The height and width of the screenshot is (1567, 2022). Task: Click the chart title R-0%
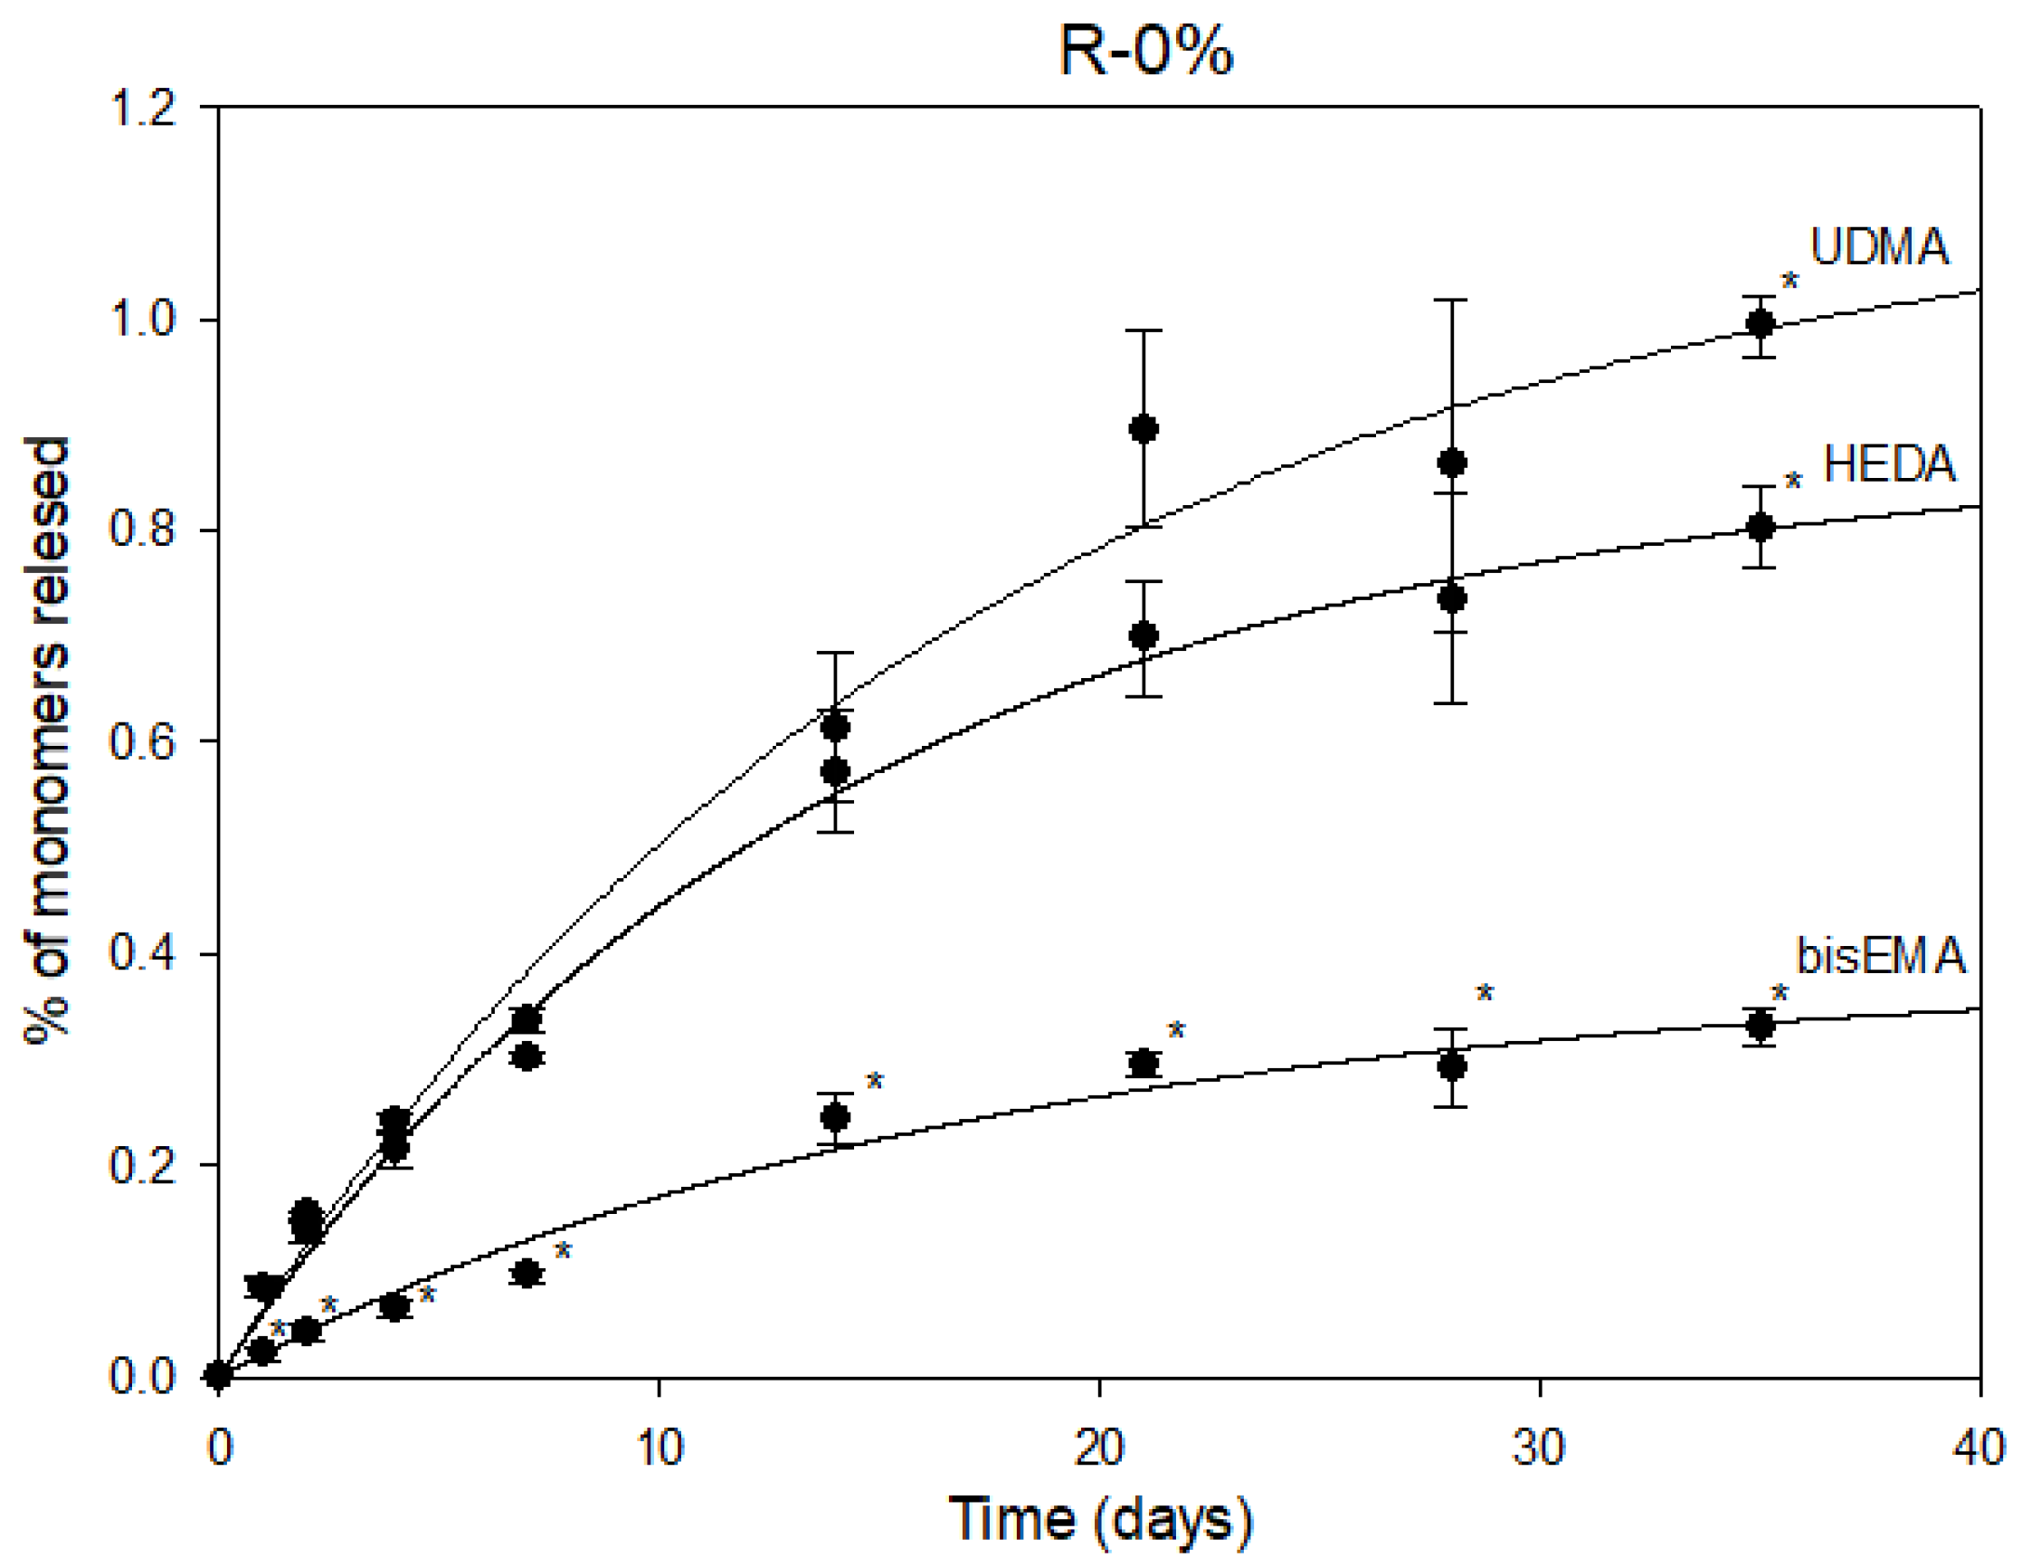pos(1145,52)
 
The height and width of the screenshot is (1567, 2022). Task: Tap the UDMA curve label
pos(1878,247)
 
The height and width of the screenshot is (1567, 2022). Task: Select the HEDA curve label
pos(1889,464)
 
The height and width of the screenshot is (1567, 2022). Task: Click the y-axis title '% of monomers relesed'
pos(48,741)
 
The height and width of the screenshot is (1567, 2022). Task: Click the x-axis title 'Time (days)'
pos(1101,1519)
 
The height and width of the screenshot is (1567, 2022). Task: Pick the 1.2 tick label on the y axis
pos(143,110)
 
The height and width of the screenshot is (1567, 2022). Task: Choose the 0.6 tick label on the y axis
pos(143,742)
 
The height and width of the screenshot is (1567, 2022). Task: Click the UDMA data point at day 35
pos(1760,323)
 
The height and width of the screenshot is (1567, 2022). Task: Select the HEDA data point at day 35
pos(1760,527)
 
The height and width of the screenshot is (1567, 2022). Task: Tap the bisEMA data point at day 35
pos(1760,1026)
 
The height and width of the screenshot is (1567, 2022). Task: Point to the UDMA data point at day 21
pos(1144,429)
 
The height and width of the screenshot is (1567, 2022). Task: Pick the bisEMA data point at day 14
pos(835,1118)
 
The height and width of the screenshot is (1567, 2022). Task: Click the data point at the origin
pos(219,1375)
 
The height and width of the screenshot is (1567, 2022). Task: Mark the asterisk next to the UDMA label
pos(1789,281)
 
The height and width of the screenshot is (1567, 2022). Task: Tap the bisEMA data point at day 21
pos(1144,1063)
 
